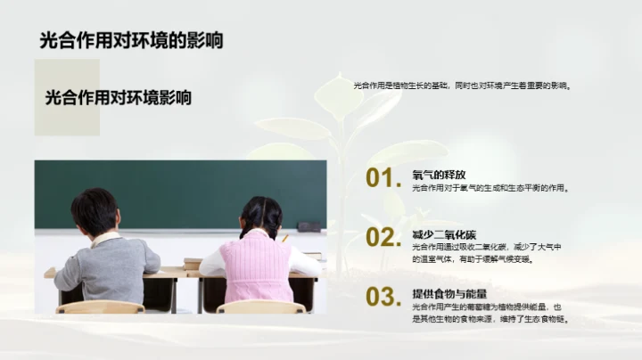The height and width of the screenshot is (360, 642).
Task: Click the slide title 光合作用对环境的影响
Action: point(131,40)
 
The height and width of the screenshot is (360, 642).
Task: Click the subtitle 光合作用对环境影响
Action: point(119,98)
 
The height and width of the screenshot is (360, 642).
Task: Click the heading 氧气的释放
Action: point(439,175)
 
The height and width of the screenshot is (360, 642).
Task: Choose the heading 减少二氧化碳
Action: point(444,234)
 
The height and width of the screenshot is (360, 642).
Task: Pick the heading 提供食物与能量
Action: point(449,293)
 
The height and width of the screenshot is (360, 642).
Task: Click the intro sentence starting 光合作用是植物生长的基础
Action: point(461,86)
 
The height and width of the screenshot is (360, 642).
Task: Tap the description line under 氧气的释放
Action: point(490,188)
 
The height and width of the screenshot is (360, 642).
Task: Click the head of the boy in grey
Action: point(95,211)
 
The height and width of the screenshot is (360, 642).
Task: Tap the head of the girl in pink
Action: point(259,216)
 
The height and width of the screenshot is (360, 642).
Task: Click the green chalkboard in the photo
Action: point(178,192)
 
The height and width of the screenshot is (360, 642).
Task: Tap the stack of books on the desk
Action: point(193,263)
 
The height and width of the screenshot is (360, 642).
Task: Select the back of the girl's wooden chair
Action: point(261,307)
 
